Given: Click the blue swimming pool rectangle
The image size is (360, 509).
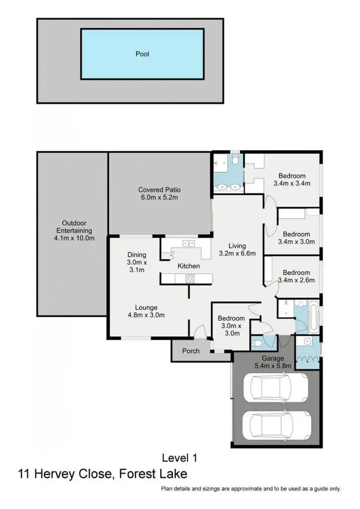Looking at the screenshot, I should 142,54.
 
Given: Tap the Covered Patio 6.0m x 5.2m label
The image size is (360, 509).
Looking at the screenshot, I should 159,193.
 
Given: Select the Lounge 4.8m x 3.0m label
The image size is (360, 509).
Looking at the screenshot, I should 146,311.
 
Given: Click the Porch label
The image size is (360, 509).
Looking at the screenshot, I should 191,351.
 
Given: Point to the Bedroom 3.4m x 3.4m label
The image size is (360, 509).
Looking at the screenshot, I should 292,179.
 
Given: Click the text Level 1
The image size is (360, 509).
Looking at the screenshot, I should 179,458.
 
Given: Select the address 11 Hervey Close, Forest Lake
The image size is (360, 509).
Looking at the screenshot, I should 102,474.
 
